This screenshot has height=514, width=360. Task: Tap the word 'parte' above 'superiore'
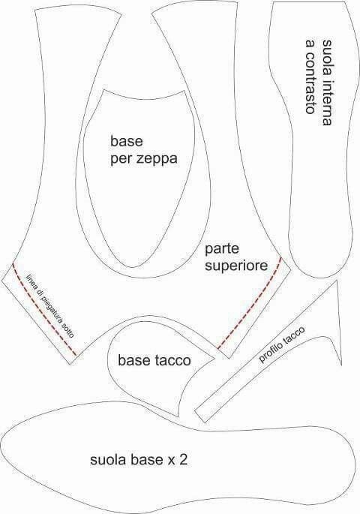point(222,250)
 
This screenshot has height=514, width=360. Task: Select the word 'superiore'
point(236,266)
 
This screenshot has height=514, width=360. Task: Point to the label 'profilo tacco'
point(282,344)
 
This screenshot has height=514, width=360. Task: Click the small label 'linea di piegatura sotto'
point(51,305)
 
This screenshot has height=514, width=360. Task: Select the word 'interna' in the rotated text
point(327,103)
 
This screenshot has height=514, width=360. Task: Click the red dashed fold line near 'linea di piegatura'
point(44,309)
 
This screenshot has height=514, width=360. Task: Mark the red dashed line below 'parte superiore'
point(250,303)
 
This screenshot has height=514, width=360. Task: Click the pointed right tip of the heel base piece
point(215,358)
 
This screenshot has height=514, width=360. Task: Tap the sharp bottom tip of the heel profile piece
point(341,365)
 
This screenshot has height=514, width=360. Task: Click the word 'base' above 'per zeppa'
point(127,142)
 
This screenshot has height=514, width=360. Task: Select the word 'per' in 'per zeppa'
point(121,160)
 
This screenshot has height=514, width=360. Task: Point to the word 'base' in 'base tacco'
point(133,360)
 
